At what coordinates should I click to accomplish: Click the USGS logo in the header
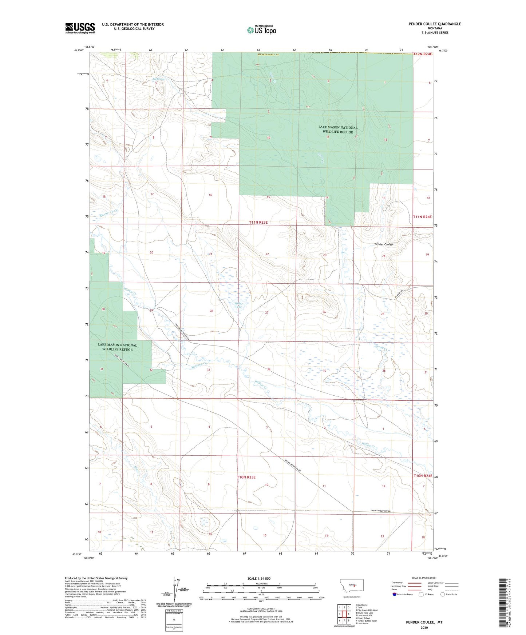tap(80, 28)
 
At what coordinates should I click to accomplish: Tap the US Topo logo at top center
tap(261, 30)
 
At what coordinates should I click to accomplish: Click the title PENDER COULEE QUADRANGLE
tap(435, 24)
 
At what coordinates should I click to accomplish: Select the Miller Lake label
tap(238, 305)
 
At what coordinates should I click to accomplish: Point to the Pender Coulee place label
tap(384, 244)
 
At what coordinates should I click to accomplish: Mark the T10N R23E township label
tap(246, 477)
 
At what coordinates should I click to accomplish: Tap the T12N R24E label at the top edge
tap(423, 54)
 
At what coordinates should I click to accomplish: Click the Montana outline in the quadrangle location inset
tap(351, 585)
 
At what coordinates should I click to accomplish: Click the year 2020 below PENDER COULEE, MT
tap(424, 627)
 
